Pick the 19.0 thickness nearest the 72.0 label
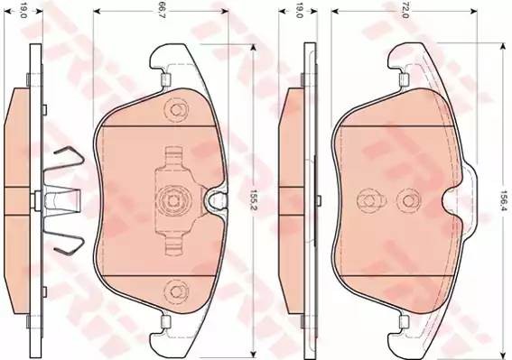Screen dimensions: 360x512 click(298, 13)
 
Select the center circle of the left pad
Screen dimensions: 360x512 click(172, 198)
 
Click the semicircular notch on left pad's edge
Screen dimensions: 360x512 click(217, 200)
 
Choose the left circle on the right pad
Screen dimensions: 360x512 click(366, 198)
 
